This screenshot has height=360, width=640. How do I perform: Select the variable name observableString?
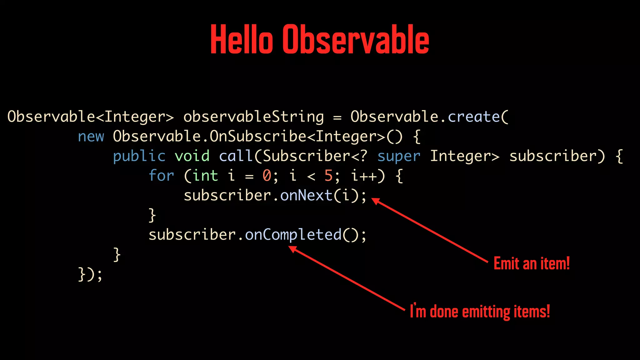pyautogui.click(x=253, y=117)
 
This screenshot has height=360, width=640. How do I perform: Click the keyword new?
pyautogui.click(x=91, y=137)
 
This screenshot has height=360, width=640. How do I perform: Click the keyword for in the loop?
pyautogui.click(x=161, y=176)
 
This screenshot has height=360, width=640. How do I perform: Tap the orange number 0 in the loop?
pyautogui.click(x=267, y=176)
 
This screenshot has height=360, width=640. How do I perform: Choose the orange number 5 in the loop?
pyautogui.click(x=328, y=176)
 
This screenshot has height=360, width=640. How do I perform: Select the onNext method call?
pyautogui.click(x=306, y=196)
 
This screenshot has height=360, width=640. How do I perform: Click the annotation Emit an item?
pyautogui.click(x=532, y=263)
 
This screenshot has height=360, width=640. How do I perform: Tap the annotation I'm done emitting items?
pyautogui.click(x=480, y=312)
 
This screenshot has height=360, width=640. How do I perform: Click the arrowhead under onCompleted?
pyautogui.click(x=292, y=249)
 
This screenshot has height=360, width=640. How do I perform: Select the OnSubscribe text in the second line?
pyautogui.click(x=258, y=137)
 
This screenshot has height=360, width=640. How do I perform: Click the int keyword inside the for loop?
pyautogui.click(x=205, y=176)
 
